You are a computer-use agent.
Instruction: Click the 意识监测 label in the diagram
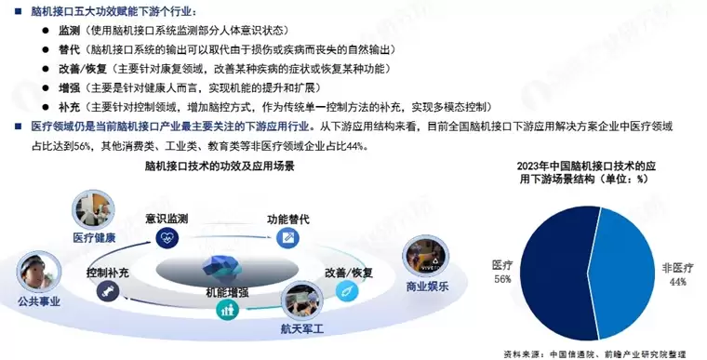(167, 220)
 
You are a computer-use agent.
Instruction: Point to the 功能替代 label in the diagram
(287, 220)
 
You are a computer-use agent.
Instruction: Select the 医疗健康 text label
(94, 237)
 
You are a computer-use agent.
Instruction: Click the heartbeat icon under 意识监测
(169, 238)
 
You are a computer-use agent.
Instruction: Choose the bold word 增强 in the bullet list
(69, 87)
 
